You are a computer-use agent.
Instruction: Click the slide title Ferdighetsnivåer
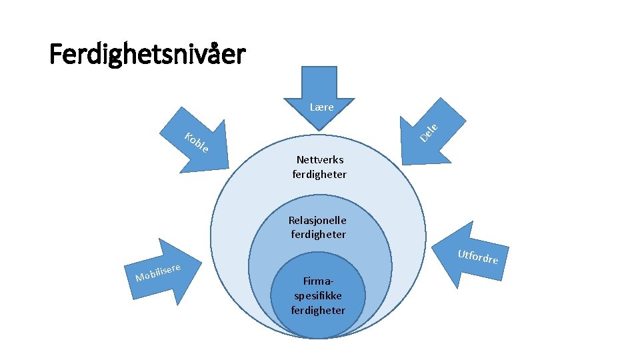[x=147, y=55]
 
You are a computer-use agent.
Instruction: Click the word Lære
[x=321, y=107]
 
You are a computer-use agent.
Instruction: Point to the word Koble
[x=197, y=142]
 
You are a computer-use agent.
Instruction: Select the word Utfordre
[x=478, y=256]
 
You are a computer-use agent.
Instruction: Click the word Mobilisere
[x=159, y=272]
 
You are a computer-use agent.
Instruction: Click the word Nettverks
[x=320, y=160]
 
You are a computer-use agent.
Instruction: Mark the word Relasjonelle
[x=317, y=220]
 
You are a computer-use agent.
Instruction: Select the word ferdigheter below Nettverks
[x=319, y=175]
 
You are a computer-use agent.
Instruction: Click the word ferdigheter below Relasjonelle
[x=318, y=234]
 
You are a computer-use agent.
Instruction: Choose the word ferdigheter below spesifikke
[x=318, y=310]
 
